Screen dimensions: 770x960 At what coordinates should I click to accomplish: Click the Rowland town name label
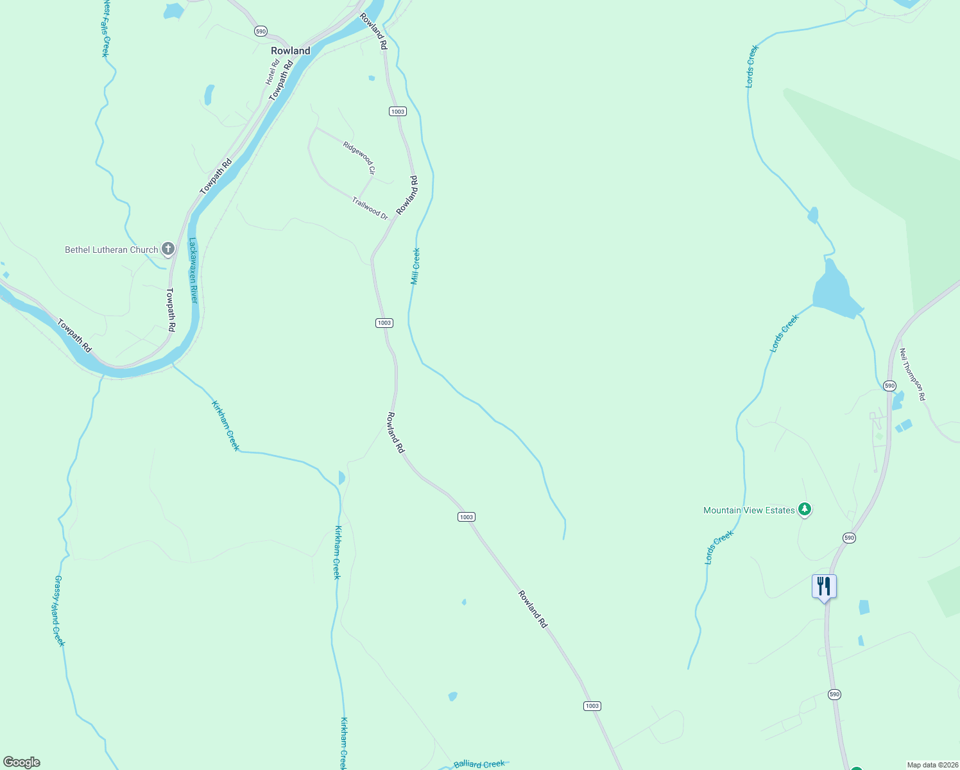290,51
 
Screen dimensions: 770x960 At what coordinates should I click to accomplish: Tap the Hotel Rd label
273,73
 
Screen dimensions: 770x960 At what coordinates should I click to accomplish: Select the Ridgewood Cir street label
359,158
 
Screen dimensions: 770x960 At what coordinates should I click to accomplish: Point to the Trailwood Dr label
370,209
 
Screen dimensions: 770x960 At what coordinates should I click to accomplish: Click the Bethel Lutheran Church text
112,250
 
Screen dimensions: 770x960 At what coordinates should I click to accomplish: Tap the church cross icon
168,248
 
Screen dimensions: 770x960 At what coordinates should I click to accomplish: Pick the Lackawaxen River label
193,270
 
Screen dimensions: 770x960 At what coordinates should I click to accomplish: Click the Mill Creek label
416,266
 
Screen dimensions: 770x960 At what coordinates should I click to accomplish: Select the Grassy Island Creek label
59,611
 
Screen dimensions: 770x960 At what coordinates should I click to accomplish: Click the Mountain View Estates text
749,510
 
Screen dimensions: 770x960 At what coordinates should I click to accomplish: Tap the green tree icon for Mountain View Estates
805,509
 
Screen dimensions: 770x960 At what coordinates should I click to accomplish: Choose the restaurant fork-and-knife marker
824,586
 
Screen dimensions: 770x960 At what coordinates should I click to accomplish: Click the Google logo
22,762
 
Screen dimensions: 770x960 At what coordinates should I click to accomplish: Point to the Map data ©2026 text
932,765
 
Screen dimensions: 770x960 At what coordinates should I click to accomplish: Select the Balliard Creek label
479,764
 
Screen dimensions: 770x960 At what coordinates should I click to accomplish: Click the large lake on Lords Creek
834,293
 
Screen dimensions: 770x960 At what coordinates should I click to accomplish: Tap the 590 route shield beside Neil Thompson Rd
889,386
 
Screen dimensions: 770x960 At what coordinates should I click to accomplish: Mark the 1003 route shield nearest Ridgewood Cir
397,112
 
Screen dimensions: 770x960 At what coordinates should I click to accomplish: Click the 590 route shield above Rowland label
260,31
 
